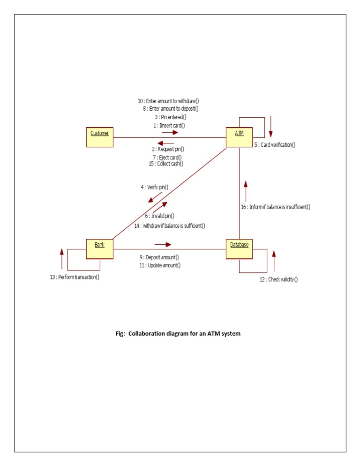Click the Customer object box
[99, 137]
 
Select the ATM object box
[239, 137]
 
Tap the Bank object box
[99, 248]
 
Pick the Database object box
[239, 248]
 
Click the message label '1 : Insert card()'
[169, 125]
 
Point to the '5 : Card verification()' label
[275, 145]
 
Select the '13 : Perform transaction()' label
[75, 277]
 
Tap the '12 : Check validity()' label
[278, 279]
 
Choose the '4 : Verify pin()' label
[154, 187]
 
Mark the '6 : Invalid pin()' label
[159, 216]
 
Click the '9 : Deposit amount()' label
[159, 257]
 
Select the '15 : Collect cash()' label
[165, 164]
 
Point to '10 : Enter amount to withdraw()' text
[168, 101]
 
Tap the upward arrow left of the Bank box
[61, 259]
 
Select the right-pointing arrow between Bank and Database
[163, 244]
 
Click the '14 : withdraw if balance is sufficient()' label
[169, 225]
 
